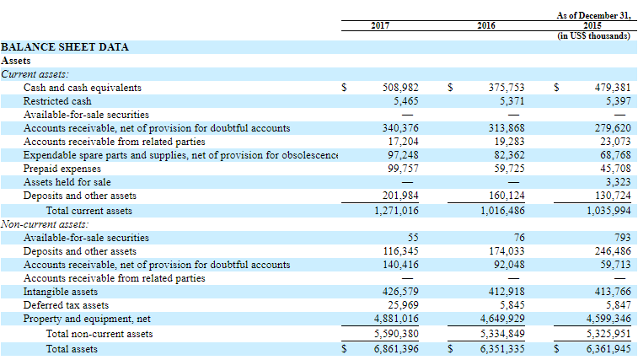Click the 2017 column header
pyautogui.click(x=380, y=25)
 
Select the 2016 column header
pyautogui.click(x=486, y=25)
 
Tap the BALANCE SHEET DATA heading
pyautogui.click(x=65, y=47)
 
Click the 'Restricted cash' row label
pyautogui.click(x=57, y=101)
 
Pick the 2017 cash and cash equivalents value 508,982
pyautogui.click(x=400, y=88)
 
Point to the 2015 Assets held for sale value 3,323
pyautogui.click(x=618, y=182)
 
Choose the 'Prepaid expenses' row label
pyautogui.click(x=62, y=169)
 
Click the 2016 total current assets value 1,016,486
pyautogui.click(x=502, y=211)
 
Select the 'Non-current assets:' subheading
pyautogui.click(x=45, y=224)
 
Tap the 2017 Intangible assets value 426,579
pyautogui.click(x=400, y=292)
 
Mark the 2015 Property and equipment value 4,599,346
pyautogui.click(x=609, y=319)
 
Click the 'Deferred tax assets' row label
pyautogui.click(x=66, y=305)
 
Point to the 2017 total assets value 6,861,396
pyautogui.click(x=396, y=349)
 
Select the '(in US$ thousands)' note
pyautogui.click(x=593, y=36)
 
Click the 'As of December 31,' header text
pyautogui.click(x=593, y=15)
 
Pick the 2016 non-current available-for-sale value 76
pyautogui.click(x=519, y=238)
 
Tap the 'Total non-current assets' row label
pyautogui.click(x=99, y=334)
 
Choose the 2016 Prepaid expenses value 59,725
pyautogui.click(x=509, y=169)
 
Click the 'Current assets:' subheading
pyautogui.click(x=35, y=74)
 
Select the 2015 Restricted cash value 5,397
pyautogui.click(x=618, y=101)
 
